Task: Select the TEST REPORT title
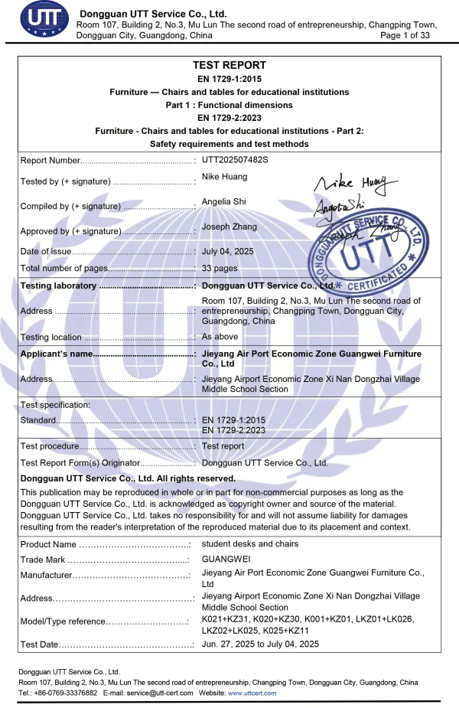click(229, 66)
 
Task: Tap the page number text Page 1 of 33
click(405, 35)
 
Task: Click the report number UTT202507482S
click(236, 160)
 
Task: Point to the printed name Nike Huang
click(224, 177)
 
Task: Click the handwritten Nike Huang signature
click(356, 184)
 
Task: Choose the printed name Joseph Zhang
click(229, 227)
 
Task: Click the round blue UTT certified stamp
click(376, 256)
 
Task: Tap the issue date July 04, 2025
click(227, 251)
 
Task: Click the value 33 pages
click(220, 268)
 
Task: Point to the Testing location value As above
click(220, 337)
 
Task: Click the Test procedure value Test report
click(223, 446)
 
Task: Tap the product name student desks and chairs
click(250, 544)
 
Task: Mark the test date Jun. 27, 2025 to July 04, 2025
click(260, 644)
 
